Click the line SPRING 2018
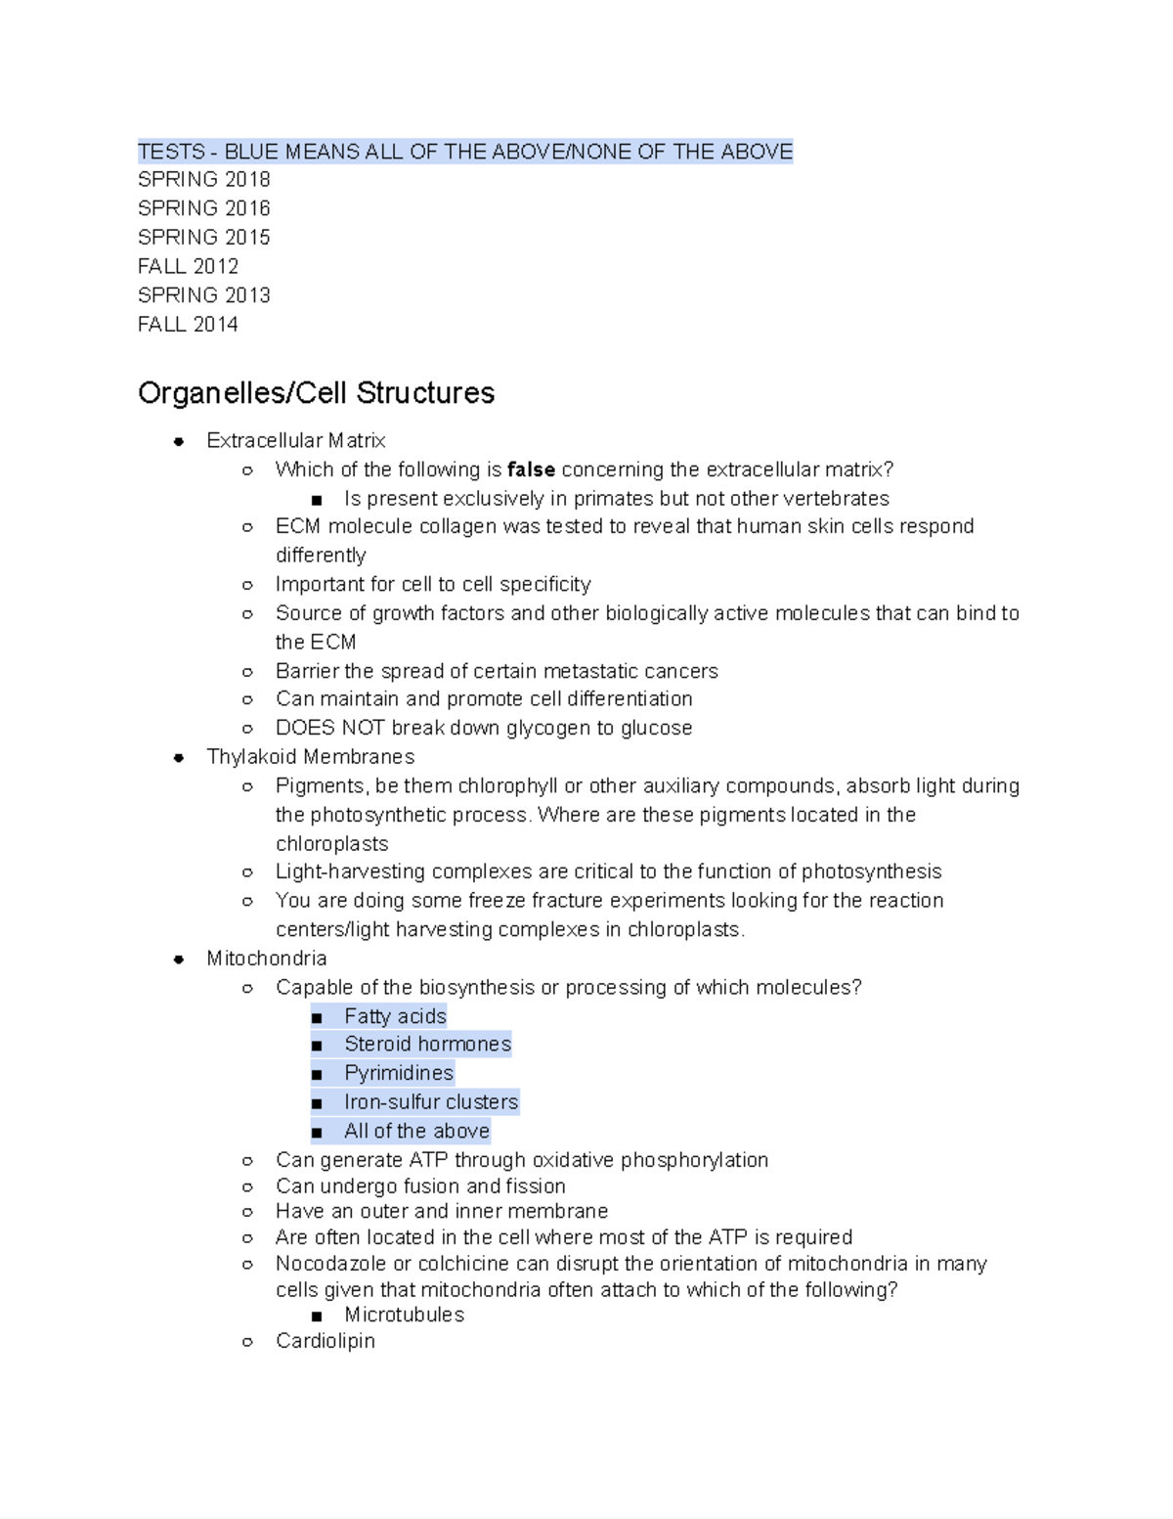[x=203, y=180]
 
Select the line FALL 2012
[x=188, y=266]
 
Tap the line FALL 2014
[x=188, y=325]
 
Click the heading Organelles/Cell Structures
[x=316, y=393]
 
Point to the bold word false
[x=531, y=469]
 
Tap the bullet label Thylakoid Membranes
[x=310, y=757]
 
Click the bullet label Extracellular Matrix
[x=295, y=441]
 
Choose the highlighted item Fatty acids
[x=395, y=1016]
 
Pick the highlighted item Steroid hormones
[x=427, y=1045]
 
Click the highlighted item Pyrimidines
[x=399, y=1073]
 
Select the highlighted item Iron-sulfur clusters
[x=430, y=1102]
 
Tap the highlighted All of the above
[x=416, y=1132]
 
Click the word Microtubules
[x=404, y=1316]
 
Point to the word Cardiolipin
[x=325, y=1341]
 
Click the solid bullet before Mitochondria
[x=179, y=960]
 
